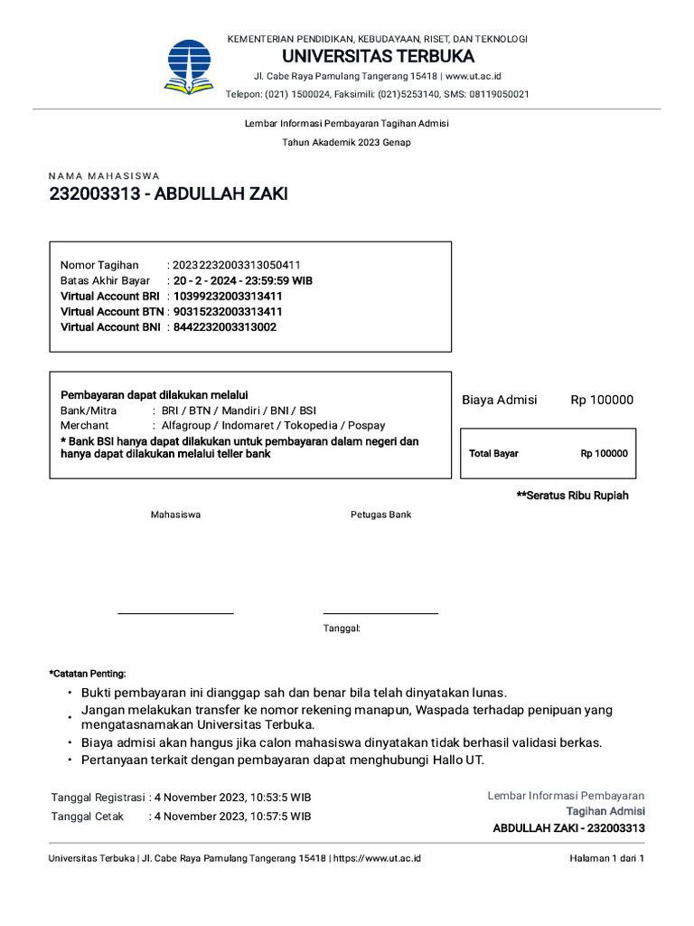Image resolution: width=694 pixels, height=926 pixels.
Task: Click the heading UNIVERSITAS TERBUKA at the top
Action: tap(378, 57)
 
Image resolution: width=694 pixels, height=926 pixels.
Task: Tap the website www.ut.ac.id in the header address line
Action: tap(473, 76)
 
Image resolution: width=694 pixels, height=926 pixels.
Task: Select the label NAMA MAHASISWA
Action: tap(104, 175)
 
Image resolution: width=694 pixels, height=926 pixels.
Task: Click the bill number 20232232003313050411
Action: tap(237, 265)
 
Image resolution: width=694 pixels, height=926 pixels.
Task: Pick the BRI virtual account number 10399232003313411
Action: tap(228, 296)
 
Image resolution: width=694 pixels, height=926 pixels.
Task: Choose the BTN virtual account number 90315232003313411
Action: tap(228, 311)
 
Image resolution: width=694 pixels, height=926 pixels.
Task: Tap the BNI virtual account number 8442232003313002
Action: tap(225, 326)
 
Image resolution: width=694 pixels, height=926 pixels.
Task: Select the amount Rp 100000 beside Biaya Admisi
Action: tap(602, 400)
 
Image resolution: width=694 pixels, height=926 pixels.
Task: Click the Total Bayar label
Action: tap(493, 454)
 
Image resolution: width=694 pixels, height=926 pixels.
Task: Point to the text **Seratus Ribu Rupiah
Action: tap(572, 496)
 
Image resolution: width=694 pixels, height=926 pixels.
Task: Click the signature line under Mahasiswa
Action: tap(175, 613)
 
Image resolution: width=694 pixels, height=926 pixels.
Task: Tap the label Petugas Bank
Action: tap(380, 515)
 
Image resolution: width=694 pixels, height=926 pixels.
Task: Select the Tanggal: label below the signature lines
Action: tap(342, 628)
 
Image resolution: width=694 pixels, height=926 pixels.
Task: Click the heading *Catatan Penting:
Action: tap(88, 674)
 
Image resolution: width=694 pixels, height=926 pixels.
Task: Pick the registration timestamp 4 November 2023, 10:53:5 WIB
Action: tap(233, 798)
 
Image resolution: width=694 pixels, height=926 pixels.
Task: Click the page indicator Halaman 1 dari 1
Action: tap(606, 858)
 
